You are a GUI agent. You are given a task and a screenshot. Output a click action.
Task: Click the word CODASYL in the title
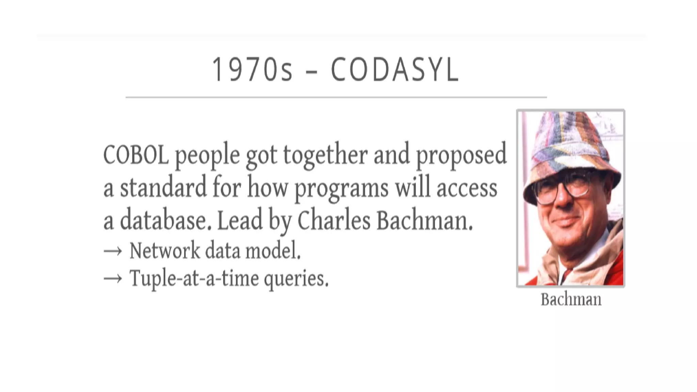(x=395, y=70)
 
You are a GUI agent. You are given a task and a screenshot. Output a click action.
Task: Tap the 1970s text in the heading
(x=252, y=70)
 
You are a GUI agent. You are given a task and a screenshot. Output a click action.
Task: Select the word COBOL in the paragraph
(x=136, y=155)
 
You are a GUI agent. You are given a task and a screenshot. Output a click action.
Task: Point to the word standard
(x=163, y=187)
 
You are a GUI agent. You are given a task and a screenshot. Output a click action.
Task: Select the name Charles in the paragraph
(x=334, y=220)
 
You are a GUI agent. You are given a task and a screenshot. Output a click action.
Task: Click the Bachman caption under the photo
(x=571, y=300)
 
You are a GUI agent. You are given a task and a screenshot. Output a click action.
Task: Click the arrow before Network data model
(x=113, y=251)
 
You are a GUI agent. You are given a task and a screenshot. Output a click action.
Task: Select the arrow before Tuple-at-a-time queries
(x=113, y=279)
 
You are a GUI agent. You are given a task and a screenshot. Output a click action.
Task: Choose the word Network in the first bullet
(x=165, y=251)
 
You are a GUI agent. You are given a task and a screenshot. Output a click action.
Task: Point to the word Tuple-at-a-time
(x=194, y=278)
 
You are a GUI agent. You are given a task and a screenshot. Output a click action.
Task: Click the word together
(x=325, y=155)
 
